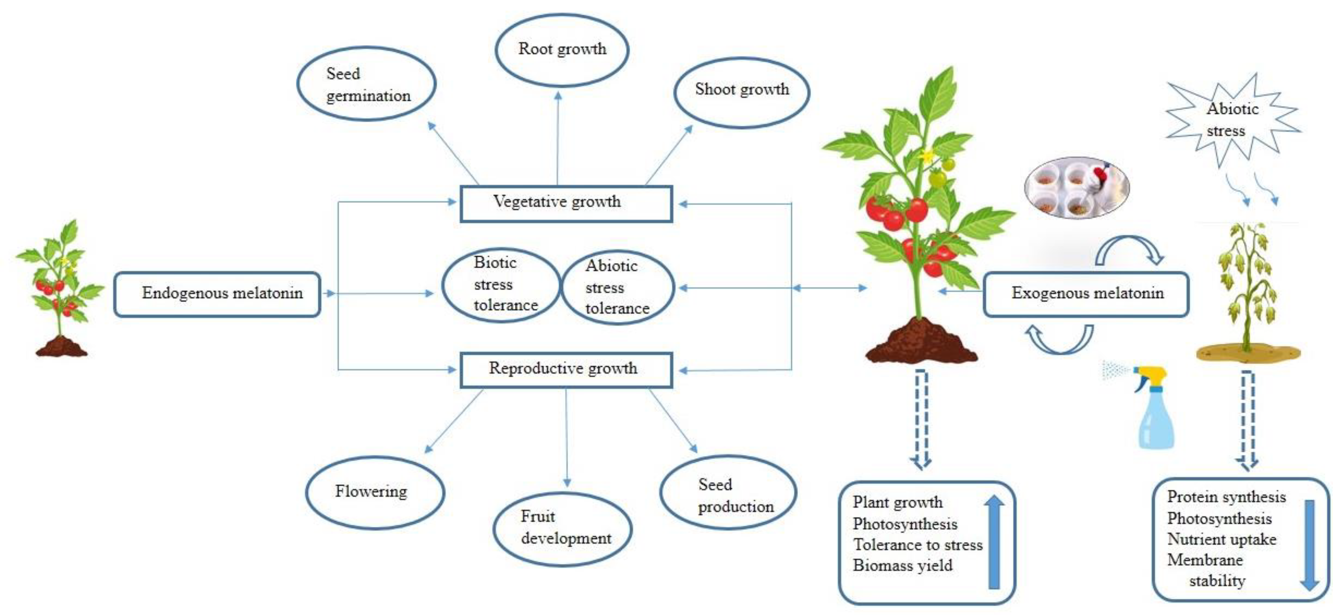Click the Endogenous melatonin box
217,294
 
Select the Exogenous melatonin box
1086,294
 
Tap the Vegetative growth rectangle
566,203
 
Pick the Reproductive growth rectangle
566,370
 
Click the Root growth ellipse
562,50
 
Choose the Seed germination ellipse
366,84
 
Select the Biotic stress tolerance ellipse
501,285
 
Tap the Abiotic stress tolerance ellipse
618,288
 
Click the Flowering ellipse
375,492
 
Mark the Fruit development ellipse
563,529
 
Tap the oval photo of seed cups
1076,188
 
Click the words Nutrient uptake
1222,539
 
